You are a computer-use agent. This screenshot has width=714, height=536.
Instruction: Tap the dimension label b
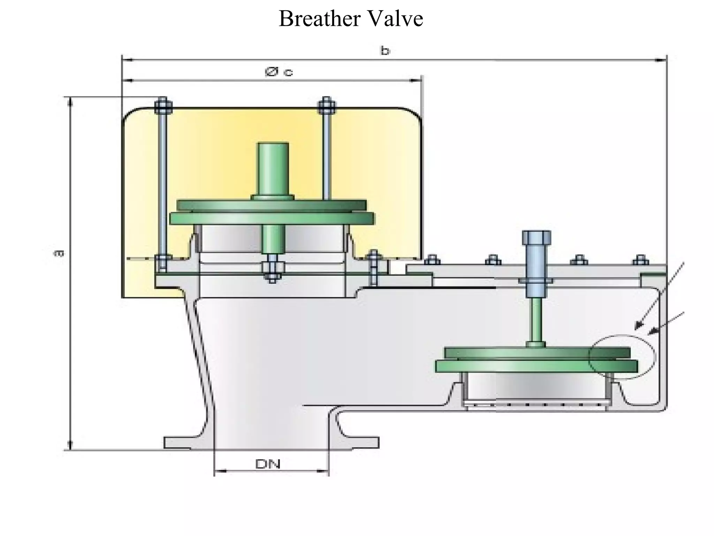[x=385, y=51]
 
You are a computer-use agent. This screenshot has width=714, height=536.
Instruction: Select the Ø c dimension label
[x=279, y=72]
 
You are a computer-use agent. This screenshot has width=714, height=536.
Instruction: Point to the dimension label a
[x=59, y=253]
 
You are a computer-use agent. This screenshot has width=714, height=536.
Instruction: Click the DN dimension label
[x=268, y=464]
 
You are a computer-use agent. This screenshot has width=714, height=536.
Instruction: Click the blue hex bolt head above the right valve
[x=536, y=238]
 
